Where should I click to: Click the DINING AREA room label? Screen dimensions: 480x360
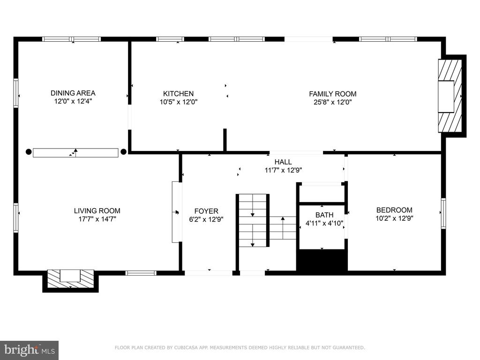(x=73, y=93)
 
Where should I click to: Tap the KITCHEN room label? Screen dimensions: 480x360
(x=178, y=94)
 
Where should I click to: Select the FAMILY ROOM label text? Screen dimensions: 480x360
(x=332, y=94)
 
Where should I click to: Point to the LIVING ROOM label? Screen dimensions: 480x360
(x=97, y=210)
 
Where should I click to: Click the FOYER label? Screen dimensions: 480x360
(x=206, y=211)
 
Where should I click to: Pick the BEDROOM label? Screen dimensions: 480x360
(x=394, y=210)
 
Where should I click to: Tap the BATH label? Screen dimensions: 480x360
(x=324, y=215)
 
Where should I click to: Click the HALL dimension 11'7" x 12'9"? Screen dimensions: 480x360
(x=283, y=170)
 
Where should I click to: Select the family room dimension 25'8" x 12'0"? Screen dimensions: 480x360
(x=333, y=102)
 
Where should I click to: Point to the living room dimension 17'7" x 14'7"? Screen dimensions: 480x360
(x=97, y=219)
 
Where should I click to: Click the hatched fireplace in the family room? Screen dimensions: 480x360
(x=450, y=96)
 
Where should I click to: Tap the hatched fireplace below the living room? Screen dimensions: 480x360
(x=71, y=278)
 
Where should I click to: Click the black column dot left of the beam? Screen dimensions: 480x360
(x=29, y=151)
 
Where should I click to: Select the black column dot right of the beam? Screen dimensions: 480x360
(x=123, y=151)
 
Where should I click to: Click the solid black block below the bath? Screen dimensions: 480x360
(x=322, y=260)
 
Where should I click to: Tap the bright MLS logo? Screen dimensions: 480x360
(x=30, y=350)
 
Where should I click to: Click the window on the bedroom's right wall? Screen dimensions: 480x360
(x=443, y=213)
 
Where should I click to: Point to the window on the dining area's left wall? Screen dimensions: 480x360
(x=16, y=93)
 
